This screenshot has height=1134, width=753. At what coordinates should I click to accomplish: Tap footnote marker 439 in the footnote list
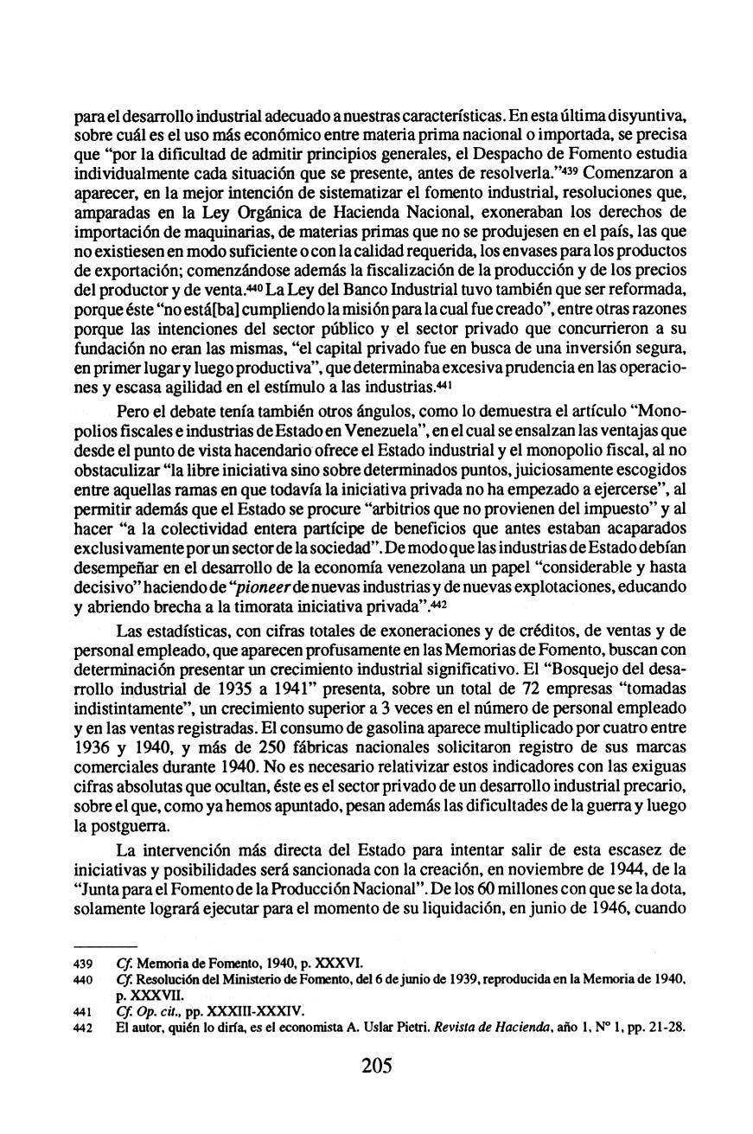click(x=83, y=963)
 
